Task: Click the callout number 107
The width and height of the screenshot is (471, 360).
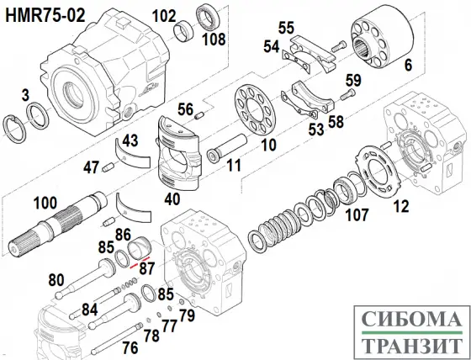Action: (359, 214)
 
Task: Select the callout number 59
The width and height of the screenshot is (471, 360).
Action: (353, 81)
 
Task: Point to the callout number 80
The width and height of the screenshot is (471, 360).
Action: (56, 280)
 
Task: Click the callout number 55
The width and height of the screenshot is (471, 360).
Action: (286, 29)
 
